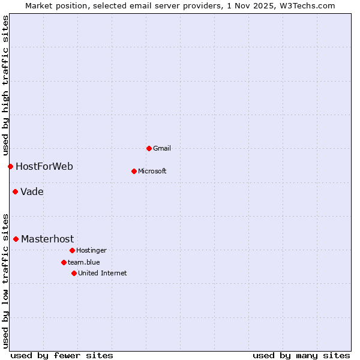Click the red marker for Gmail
pos(149,148)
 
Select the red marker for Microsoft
pos(134,171)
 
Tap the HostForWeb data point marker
pos(10,166)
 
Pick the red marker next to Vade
pos(15,192)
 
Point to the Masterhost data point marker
pos(16,239)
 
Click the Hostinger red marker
pos(72,250)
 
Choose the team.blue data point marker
pos(64,262)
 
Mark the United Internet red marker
pos(74,273)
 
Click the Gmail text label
pos(162,148)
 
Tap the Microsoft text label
pos(152,171)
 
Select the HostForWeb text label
pos(44,166)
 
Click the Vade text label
pos(32,192)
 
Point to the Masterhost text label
pos(47,239)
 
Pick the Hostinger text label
pos(91,250)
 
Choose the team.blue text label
pos(84,262)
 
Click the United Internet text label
pos(103,273)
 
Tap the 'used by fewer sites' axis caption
pos(62,355)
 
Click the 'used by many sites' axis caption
pos(301,355)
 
